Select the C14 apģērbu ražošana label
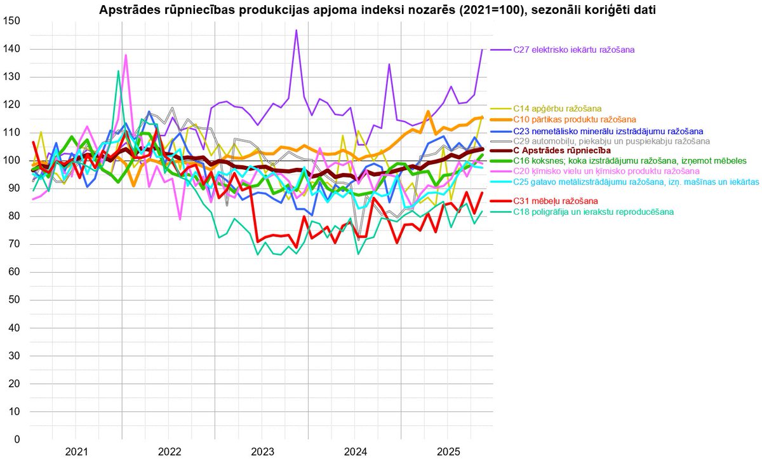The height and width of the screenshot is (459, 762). (x=557, y=109)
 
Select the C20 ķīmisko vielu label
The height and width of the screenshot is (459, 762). (x=606, y=171)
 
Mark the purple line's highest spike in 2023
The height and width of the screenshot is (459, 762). (x=296, y=31)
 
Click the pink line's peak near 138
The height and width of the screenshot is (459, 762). (x=126, y=55)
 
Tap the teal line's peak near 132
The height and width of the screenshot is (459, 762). (x=118, y=71)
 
